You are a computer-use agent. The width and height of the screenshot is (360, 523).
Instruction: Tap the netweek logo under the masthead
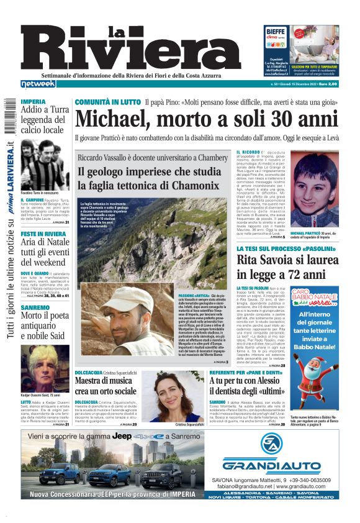click(x=37, y=83)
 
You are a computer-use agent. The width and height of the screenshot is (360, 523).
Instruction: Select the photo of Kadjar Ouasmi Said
click(x=45, y=373)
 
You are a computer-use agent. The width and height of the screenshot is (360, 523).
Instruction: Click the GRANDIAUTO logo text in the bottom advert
click(x=263, y=465)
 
